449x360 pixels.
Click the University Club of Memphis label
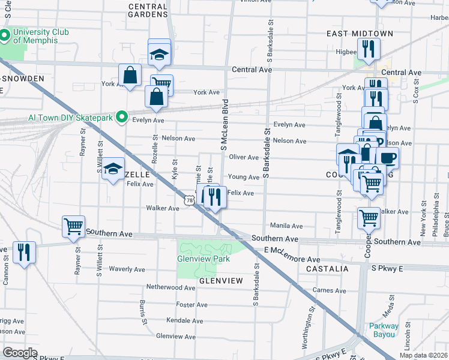coord(40,36)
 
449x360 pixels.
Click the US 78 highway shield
coord(190,200)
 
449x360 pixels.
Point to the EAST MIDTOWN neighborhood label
coord(360,34)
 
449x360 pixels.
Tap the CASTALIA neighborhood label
coord(327,269)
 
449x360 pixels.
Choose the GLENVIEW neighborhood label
coord(220,281)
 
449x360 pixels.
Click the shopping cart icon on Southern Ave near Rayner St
coord(73,227)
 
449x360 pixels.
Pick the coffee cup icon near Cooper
coord(388,158)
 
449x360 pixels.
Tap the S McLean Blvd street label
coord(224,124)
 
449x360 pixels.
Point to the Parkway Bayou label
coord(384,330)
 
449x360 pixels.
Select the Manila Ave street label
coord(286,226)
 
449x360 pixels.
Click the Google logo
coord(20,352)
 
